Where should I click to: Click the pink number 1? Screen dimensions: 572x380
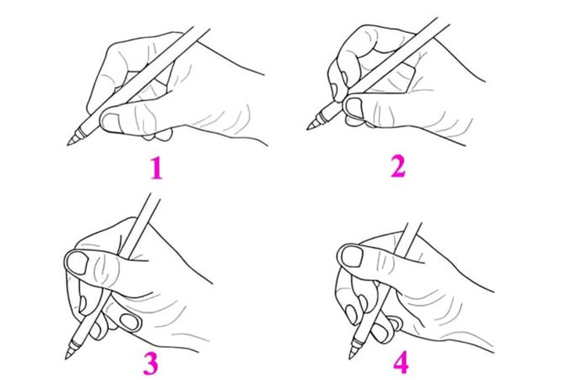click(x=157, y=169)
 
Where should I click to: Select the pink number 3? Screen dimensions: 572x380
click(x=150, y=364)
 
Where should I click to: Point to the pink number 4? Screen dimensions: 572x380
click(x=400, y=364)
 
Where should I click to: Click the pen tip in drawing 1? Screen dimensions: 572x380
click(x=68, y=145)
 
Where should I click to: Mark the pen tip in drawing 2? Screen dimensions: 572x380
click(x=307, y=128)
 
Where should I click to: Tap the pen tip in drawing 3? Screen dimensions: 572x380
click(x=67, y=357)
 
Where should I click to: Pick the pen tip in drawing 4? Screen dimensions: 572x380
click(x=350, y=357)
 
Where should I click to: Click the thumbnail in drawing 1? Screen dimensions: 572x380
click(x=110, y=121)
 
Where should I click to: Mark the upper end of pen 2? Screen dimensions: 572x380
click(x=443, y=20)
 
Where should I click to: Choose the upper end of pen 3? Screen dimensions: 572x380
click(x=154, y=196)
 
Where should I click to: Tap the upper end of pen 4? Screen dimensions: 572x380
click(x=414, y=223)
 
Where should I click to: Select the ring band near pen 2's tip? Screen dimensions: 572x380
click(x=320, y=118)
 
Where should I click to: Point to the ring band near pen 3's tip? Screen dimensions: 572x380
click(x=74, y=344)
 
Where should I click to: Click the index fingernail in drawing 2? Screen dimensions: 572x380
click(x=335, y=89)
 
